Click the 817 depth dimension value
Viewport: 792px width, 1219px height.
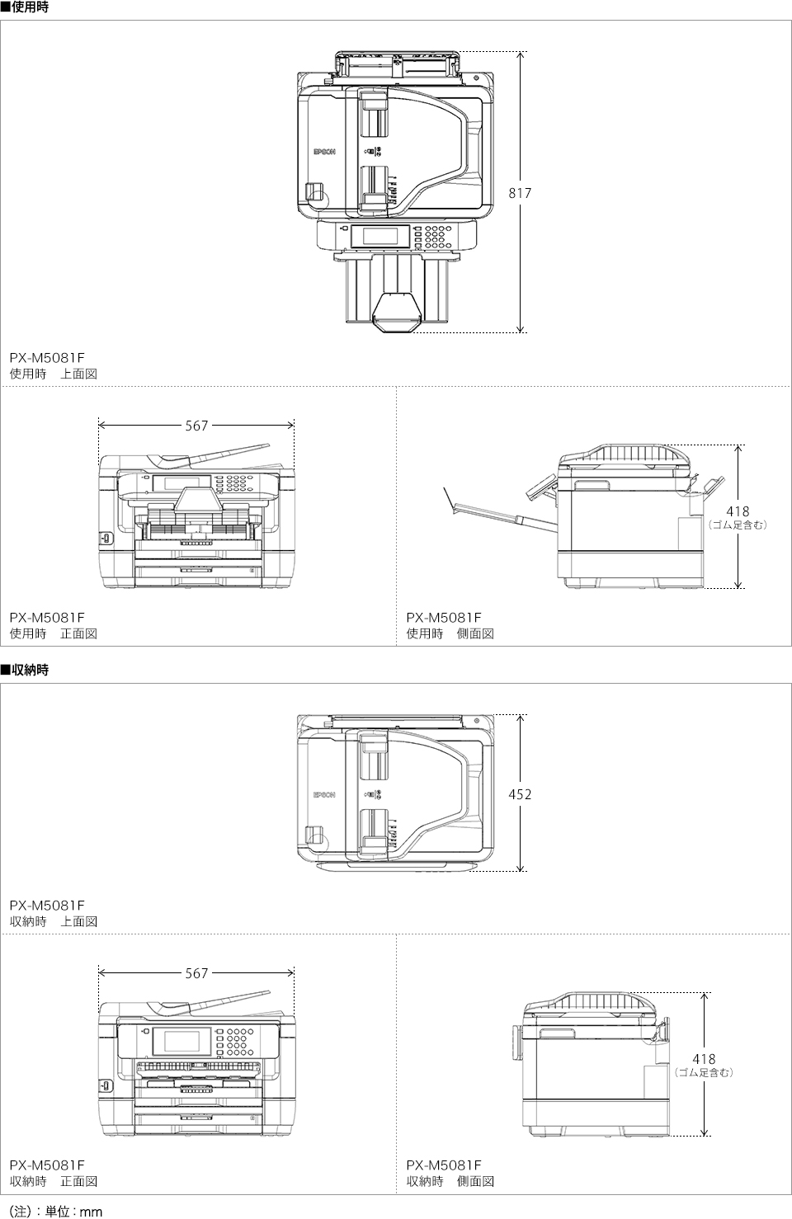[520, 193]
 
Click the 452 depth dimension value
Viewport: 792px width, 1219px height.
[520, 794]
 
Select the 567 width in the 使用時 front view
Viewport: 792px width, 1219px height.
[196, 426]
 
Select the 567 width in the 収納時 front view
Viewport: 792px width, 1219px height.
[196, 973]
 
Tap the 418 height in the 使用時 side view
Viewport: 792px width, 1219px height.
[738, 511]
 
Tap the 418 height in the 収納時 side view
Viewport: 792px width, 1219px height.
[704, 1059]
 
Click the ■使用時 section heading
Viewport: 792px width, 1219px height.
[25, 7]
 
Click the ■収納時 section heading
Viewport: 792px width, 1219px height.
[25, 671]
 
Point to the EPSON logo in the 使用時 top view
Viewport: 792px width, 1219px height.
[324, 152]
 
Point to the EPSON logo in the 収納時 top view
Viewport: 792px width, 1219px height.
[324, 795]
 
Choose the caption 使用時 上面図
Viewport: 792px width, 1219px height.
[54, 374]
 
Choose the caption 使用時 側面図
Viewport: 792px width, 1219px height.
[450, 633]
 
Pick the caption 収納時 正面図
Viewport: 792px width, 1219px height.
[54, 1181]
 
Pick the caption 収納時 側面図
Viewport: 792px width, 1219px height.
[450, 1181]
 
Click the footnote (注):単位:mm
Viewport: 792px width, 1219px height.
[55, 1212]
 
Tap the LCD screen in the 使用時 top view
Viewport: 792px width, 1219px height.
[380, 235]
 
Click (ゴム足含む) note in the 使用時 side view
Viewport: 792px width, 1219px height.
[738, 525]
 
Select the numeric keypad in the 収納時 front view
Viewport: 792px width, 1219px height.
[238, 1042]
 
